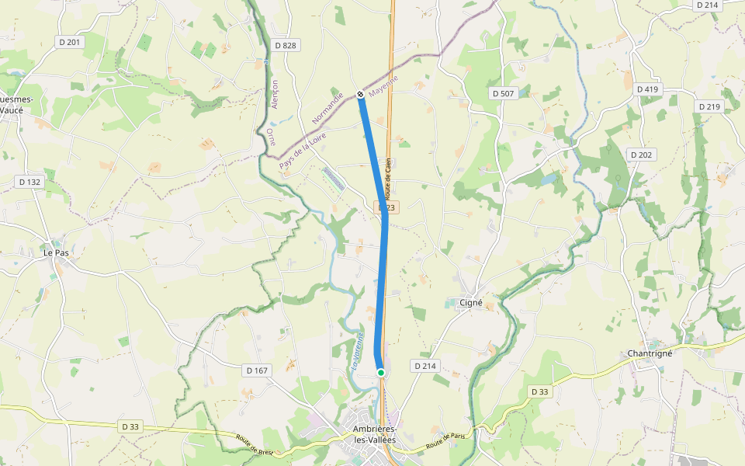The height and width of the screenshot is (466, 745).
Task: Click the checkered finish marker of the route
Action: click(x=361, y=95)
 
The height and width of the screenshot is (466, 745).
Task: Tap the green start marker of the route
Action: click(x=381, y=373)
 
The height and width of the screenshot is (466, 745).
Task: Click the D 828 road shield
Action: click(x=286, y=45)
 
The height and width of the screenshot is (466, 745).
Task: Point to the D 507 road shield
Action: click(x=503, y=93)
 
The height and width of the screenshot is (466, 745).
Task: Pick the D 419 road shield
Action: click(x=647, y=89)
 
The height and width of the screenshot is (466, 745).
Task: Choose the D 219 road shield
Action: click(x=709, y=106)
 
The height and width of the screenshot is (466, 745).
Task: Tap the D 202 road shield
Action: click(x=642, y=155)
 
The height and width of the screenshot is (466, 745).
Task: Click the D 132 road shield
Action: click(x=29, y=182)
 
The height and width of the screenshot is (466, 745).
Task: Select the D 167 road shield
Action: click(x=257, y=370)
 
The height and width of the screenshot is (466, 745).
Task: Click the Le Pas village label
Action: click(x=56, y=252)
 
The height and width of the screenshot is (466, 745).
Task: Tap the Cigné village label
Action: click(x=471, y=303)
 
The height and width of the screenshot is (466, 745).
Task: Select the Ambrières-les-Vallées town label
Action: click(x=374, y=435)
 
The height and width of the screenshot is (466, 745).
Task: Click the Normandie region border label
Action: click(x=327, y=110)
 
